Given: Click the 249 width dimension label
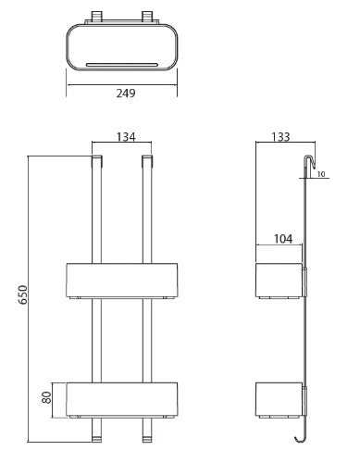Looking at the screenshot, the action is (126, 93).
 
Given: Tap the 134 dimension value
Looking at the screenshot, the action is (126, 137).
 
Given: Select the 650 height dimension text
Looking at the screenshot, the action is (23, 295).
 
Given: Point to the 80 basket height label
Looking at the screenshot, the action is (46, 397).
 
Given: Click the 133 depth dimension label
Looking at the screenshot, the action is (280, 137).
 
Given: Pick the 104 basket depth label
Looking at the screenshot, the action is (283, 239).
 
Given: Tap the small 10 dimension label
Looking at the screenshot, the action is (321, 174).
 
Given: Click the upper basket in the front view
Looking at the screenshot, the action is (122, 281).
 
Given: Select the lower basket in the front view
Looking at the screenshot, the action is (122, 400).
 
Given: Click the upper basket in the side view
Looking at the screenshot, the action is (279, 281).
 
